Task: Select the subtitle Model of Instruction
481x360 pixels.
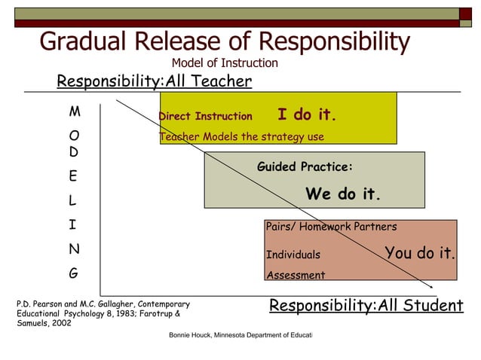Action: [x=225, y=63]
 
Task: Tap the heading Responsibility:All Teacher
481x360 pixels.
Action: [x=155, y=81]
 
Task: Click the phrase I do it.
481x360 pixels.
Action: [x=306, y=114]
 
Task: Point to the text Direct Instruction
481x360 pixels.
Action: [x=206, y=117]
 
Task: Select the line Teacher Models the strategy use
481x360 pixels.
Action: [x=241, y=136]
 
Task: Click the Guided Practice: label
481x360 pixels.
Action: [x=305, y=167]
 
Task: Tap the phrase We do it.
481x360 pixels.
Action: [x=343, y=194]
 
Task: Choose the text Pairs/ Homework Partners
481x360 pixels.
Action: [x=331, y=227]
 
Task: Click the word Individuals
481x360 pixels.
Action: [x=293, y=255]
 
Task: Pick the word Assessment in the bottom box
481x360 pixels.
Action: [x=296, y=275]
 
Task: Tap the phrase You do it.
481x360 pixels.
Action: [x=420, y=253]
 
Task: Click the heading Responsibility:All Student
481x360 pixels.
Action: [x=366, y=306]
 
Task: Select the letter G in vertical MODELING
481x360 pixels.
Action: [x=73, y=273]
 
